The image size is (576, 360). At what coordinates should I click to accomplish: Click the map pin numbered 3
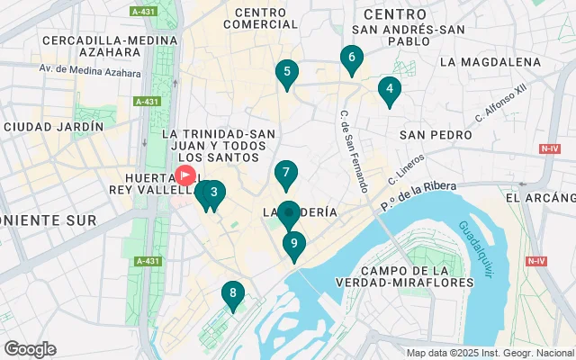(x=213, y=193)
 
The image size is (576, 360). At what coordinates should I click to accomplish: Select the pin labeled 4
(x=389, y=89)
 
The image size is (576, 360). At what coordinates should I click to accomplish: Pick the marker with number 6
(x=351, y=59)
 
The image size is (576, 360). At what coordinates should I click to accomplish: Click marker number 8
(x=233, y=293)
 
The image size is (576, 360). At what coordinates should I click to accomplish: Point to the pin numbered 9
(x=294, y=244)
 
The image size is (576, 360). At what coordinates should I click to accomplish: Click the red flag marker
(x=185, y=175)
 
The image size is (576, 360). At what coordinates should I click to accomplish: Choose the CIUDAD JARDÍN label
(x=53, y=128)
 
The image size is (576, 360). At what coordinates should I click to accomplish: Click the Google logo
(x=30, y=349)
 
